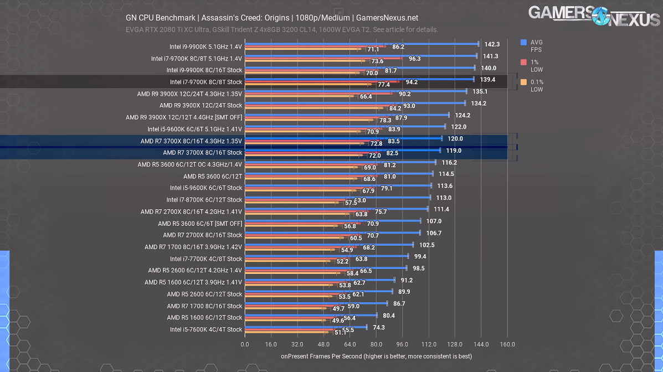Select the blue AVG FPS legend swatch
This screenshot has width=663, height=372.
click(523, 42)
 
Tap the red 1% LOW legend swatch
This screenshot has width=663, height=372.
click(523, 62)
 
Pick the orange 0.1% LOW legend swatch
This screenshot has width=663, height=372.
click(523, 82)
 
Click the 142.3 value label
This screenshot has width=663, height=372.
click(492, 44)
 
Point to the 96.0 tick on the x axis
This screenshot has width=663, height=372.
click(402, 344)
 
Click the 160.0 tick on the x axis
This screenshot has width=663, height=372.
click(507, 344)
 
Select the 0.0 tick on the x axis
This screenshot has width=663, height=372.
click(245, 344)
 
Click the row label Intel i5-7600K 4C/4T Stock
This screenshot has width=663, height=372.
click(206, 329)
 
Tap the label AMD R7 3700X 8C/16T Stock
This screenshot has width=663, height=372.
click(203, 153)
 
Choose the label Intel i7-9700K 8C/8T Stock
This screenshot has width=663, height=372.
click(206, 82)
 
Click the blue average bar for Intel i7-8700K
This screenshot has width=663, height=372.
click(337, 197)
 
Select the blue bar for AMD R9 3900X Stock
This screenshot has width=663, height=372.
click(354, 102)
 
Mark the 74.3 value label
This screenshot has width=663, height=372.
click(379, 327)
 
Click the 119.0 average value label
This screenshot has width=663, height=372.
click(454, 151)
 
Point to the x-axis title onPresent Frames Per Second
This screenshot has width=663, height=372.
click(376, 356)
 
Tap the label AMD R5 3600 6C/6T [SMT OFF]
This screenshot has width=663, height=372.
click(200, 224)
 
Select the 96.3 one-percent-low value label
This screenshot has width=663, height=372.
click(414, 59)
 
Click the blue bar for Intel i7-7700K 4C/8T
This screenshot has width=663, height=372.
click(326, 256)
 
